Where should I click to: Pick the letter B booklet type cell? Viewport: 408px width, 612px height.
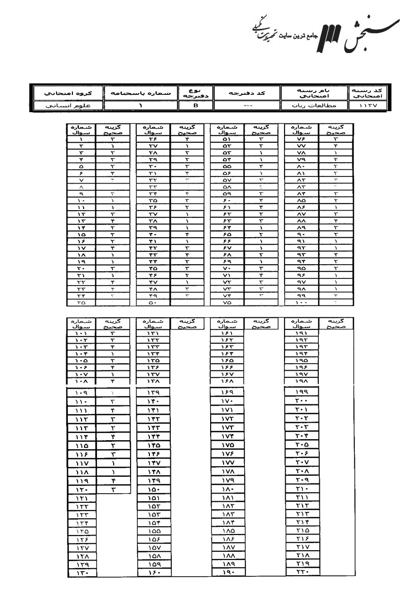pos(196,106)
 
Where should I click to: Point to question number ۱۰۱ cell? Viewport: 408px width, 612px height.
pos(82,332)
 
